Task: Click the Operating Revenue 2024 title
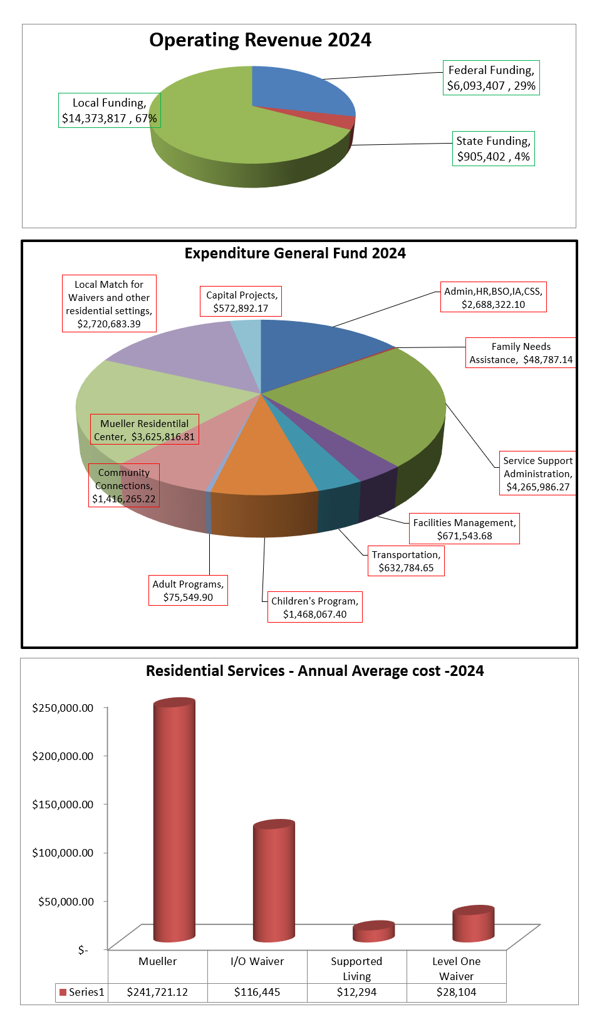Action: (260, 40)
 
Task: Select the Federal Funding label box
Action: (491, 78)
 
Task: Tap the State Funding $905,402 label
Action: (493, 149)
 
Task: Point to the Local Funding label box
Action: (110, 110)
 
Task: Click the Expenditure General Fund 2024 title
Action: (295, 253)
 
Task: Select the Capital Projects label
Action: (241, 302)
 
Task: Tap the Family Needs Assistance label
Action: (521, 353)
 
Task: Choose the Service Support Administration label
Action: (537, 473)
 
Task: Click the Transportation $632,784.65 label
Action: (406, 561)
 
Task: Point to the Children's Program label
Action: (314, 608)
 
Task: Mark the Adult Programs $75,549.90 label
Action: (188, 591)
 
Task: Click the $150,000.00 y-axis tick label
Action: (63, 805)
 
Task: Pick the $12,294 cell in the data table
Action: (356, 992)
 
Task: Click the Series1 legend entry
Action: (82, 992)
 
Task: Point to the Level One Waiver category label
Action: (456, 969)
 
